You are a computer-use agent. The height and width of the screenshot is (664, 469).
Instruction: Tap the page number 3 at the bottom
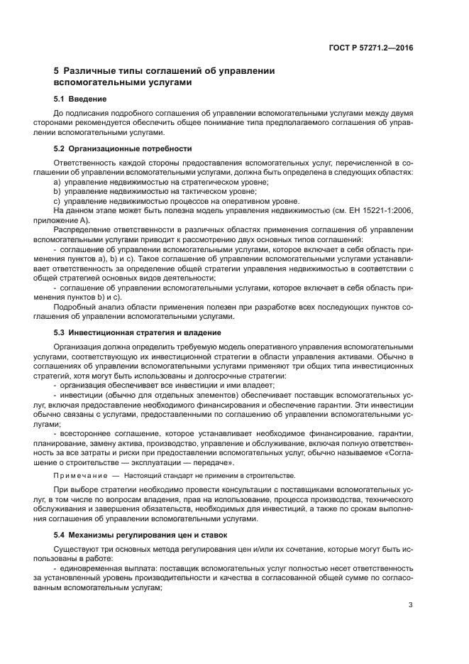pyautogui.click(x=411, y=605)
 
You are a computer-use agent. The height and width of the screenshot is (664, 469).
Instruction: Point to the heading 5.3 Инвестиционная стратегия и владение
pyautogui.click(x=138, y=332)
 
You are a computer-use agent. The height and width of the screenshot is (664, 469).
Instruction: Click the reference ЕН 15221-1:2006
pyautogui.click(x=377, y=211)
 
